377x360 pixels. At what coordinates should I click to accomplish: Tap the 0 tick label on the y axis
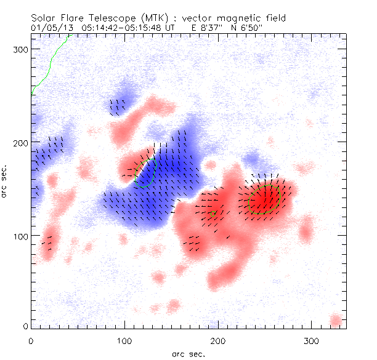click(x=25, y=326)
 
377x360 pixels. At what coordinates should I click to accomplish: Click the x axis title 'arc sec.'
click(x=188, y=353)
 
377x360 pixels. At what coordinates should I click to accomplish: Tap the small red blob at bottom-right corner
click(x=336, y=321)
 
